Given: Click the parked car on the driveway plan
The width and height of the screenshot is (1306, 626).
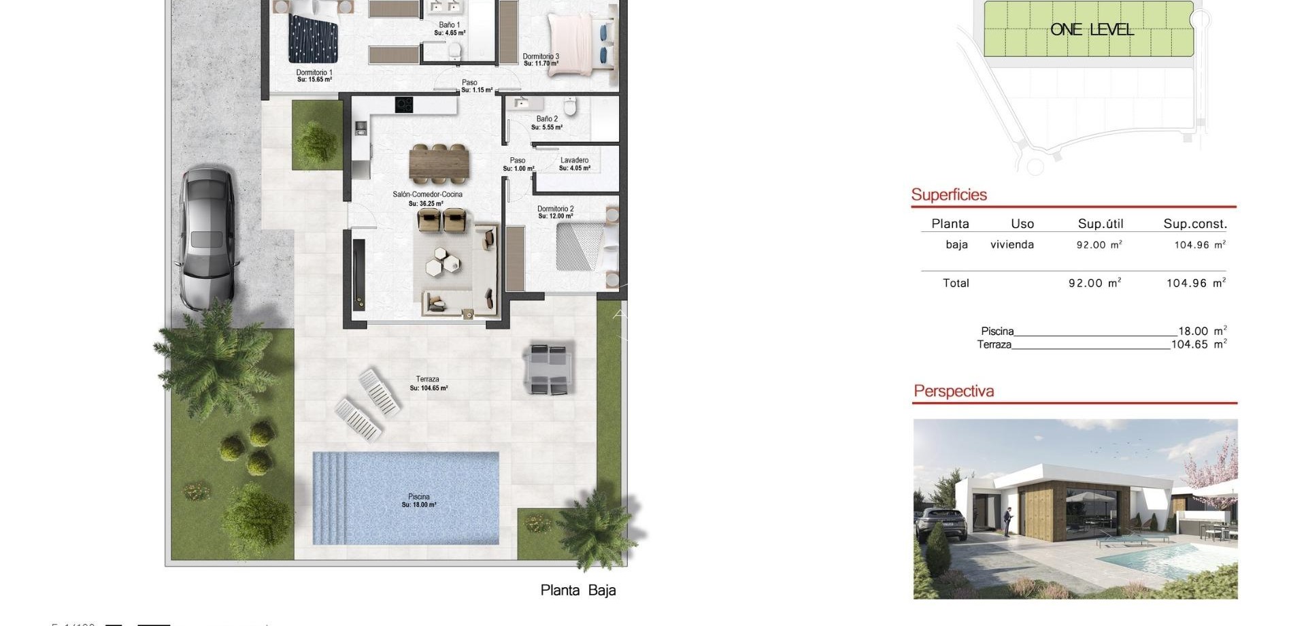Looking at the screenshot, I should click(207, 238).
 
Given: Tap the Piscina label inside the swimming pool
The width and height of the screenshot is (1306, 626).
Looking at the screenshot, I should click(419, 501).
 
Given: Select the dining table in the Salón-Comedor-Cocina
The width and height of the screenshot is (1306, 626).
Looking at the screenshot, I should click(439, 164).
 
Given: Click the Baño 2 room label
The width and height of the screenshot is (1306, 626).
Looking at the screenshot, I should click(548, 122).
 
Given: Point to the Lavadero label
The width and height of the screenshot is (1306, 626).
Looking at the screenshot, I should click(574, 164).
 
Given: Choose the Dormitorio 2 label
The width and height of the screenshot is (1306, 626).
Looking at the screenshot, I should click(556, 212).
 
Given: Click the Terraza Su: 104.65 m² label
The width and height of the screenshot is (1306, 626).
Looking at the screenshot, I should click(428, 384).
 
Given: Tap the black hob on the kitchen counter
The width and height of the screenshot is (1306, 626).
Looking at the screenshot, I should click(404, 105).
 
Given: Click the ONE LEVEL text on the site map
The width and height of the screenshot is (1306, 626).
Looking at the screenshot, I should click(1091, 29).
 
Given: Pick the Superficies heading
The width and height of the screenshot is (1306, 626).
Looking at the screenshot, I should click(948, 195).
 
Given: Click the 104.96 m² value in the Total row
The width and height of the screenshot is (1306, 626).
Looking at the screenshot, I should click(1195, 283).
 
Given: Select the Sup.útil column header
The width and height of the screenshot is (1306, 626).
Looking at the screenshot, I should click(1100, 224).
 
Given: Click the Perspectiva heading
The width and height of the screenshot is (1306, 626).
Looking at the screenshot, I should click(953, 391).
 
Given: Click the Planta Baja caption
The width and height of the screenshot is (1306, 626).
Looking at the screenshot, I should click(577, 590).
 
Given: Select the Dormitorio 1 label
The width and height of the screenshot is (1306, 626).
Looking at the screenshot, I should click(314, 76).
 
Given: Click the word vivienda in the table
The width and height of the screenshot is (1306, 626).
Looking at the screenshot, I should click(1011, 245).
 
